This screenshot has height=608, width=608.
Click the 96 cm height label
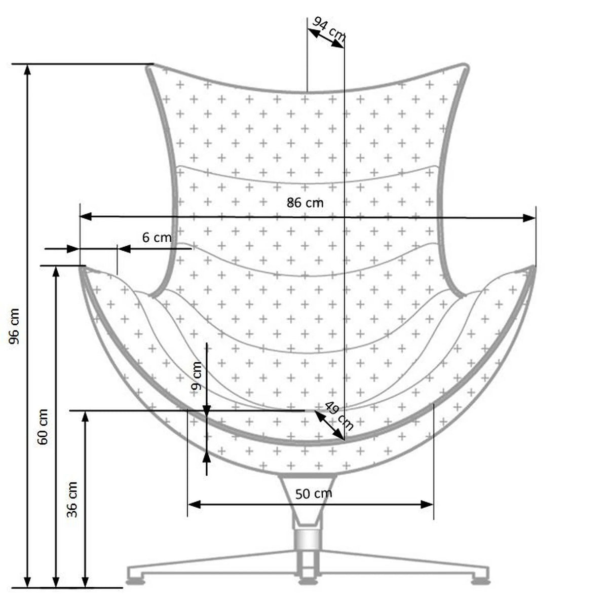[15, 326]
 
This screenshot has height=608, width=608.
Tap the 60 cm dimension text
[44, 427]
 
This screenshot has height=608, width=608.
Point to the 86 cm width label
[305, 203]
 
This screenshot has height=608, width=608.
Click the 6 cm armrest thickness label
[156, 237]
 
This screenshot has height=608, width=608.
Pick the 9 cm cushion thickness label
[197, 376]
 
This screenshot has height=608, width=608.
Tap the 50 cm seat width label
[314, 493]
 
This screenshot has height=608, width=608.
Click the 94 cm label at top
[328, 29]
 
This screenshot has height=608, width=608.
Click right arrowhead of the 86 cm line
[529, 218]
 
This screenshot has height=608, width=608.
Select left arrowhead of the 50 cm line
[194, 504]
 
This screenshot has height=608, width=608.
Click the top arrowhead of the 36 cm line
[86, 416]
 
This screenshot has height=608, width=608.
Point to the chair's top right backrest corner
[462, 66]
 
